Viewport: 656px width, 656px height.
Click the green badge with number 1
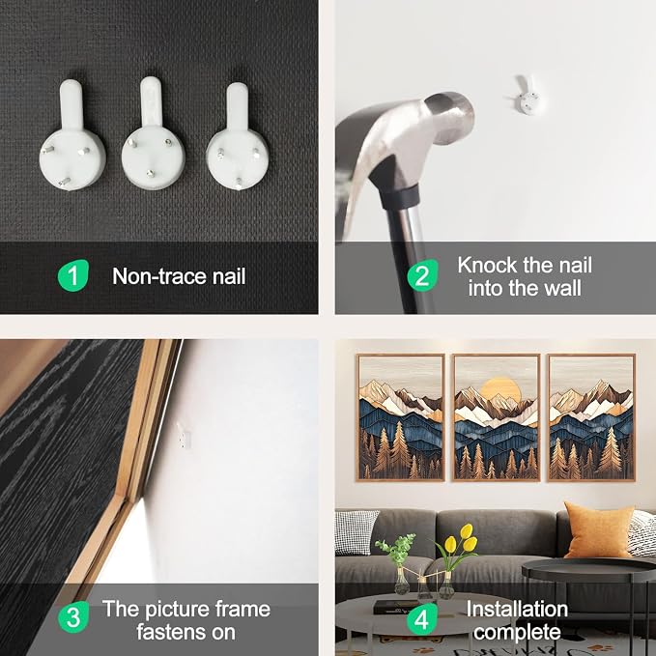click(73, 275)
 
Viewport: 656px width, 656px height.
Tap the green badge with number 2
click(422, 275)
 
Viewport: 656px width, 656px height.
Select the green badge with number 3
click(73, 616)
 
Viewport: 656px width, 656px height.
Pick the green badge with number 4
click(421, 618)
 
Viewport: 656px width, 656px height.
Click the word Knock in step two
click(487, 266)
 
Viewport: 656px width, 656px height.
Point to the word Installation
click(517, 609)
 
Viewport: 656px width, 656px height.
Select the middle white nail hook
click(153, 134)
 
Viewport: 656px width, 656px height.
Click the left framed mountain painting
click(401, 418)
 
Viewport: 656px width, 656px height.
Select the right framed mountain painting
click(591, 418)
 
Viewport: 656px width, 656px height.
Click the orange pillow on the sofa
click(598, 530)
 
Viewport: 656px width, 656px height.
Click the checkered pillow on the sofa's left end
click(356, 532)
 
